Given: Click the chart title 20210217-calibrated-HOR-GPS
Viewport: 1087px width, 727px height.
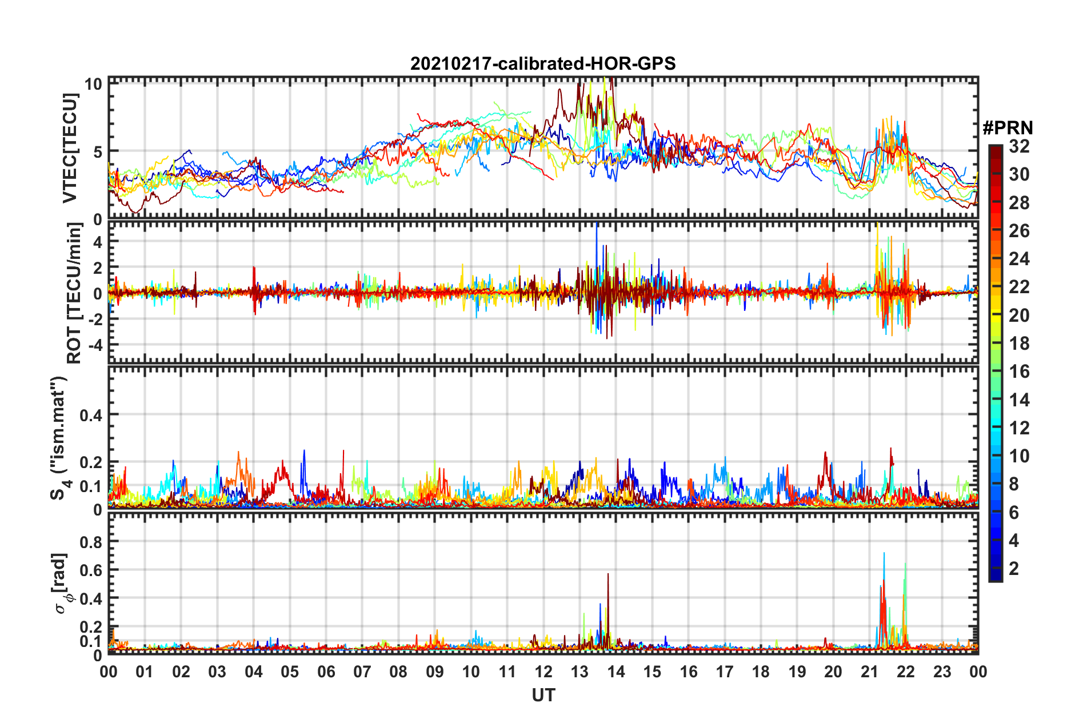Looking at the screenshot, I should [x=543, y=63].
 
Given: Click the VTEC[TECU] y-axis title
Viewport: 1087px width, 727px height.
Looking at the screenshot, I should [x=70, y=149].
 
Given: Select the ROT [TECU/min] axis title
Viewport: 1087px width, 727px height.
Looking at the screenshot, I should [x=74, y=293].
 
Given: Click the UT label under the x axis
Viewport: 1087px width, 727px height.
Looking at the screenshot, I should [x=543, y=695].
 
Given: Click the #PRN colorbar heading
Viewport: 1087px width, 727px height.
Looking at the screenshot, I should [x=1008, y=127].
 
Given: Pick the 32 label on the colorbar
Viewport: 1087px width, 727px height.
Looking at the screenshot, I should [x=1019, y=146].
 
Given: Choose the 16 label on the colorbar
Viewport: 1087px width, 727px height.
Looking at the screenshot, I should [x=1019, y=372].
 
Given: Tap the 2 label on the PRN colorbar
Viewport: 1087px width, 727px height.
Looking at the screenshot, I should [x=1014, y=568].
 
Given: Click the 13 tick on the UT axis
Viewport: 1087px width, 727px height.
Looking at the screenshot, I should [x=580, y=672].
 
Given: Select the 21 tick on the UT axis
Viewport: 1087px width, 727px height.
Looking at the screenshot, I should [x=869, y=672].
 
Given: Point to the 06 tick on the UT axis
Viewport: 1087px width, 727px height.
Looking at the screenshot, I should [x=326, y=672].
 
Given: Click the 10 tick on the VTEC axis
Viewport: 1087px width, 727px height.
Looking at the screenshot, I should [x=93, y=84].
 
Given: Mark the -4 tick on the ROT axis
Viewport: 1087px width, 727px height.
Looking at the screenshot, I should [x=95, y=345].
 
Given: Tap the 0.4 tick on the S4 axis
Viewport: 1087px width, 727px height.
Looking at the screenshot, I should [x=91, y=415].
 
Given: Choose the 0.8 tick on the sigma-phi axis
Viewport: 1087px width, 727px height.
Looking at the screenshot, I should [x=91, y=541].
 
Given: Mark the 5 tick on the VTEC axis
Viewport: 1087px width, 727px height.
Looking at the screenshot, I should [x=98, y=152].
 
